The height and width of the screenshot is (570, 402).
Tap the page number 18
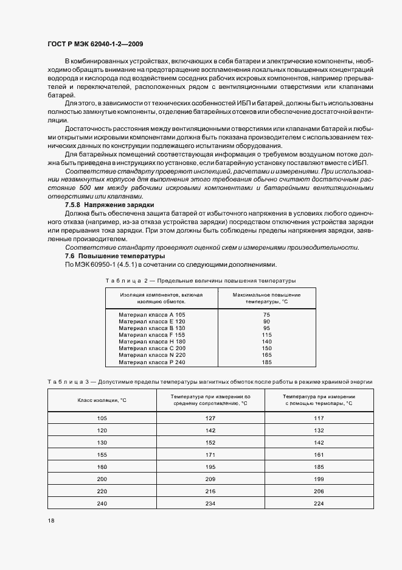50,521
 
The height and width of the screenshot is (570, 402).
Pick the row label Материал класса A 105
152,314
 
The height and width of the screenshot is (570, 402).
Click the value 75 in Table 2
266,314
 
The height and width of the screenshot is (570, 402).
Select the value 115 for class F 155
266,335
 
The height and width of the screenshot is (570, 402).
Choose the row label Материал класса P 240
152,362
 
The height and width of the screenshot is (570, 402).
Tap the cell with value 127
211,418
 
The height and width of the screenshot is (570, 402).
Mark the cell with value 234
211,503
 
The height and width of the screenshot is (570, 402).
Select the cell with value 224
319,503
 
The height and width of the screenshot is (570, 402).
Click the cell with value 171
211,454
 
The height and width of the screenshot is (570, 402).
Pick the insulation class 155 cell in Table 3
101,454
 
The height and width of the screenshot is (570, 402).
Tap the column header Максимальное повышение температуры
265,298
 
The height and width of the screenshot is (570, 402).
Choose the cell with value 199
319,479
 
